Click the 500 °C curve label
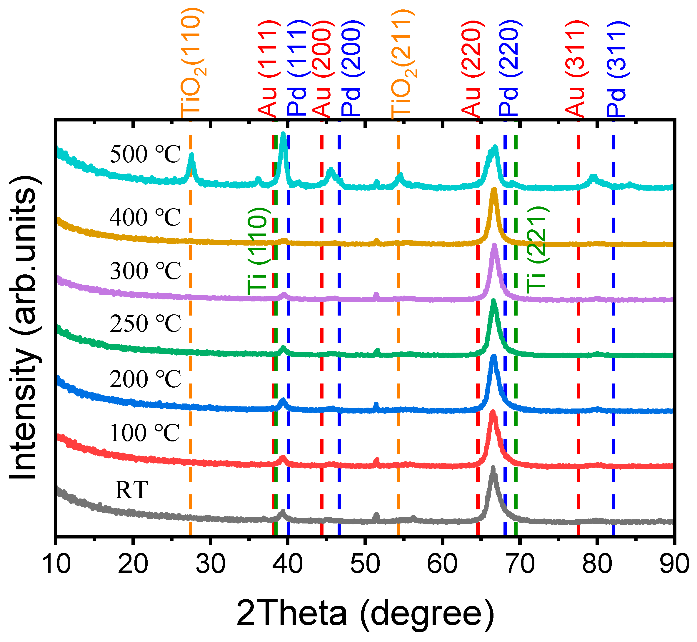[x=145, y=154]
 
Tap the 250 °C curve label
[x=145, y=323]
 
